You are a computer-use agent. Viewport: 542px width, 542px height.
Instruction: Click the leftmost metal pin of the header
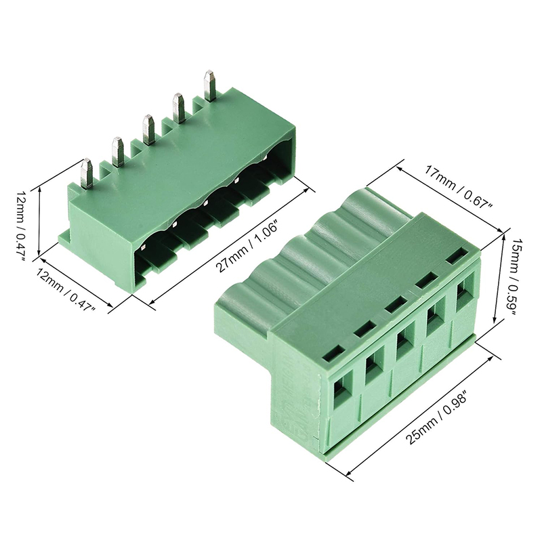(86, 174)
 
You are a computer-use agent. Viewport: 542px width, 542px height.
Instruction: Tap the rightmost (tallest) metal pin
(210, 86)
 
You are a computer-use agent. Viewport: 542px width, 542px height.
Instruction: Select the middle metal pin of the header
(148, 129)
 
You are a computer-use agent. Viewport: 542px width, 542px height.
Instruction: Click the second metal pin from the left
(118, 152)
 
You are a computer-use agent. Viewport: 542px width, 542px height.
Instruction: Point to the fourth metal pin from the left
(179, 108)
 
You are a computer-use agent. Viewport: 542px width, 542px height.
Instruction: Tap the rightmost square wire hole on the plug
(462, 297)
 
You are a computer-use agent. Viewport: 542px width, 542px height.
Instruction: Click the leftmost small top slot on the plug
(333, 352)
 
